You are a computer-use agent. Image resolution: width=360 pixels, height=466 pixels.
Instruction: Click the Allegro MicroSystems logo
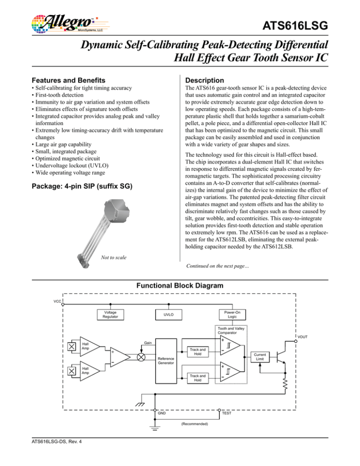pos(70,23)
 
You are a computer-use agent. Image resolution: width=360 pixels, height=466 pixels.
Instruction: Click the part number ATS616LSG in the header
pos(295,26)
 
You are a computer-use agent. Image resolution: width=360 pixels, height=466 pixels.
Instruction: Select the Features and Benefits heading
pos(68,80)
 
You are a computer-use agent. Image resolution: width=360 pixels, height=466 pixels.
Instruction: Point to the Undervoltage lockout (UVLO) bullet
pos(70,165)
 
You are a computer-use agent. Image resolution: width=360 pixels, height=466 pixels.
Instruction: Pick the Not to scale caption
pos(113,257)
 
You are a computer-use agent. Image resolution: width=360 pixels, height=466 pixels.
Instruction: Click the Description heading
pos(204,80)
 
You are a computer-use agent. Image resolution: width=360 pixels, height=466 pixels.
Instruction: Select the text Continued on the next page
pos(217,266)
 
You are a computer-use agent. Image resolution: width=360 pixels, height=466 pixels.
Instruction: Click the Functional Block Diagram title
pos(180,286)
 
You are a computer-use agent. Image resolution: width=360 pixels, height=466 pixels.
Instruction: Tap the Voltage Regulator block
pos(110,315)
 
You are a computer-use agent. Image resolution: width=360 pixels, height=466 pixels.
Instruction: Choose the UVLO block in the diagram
pos(169,315)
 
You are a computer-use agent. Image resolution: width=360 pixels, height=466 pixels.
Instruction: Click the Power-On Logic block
pos(232,315)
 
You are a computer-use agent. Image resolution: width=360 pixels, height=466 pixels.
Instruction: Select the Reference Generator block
pos(166,361)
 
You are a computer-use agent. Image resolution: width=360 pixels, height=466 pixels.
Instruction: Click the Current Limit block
pos(260,357)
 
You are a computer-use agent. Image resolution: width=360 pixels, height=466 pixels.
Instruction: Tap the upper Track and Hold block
pos(198,352)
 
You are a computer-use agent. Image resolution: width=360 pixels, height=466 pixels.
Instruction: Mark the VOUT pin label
pos(303,337)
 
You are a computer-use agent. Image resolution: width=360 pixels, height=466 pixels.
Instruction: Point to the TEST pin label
pos(226,413)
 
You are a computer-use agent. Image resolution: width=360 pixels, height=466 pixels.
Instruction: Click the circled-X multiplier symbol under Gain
pos(141,357)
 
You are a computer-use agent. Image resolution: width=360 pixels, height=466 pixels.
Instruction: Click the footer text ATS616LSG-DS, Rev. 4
pos(57,442)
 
